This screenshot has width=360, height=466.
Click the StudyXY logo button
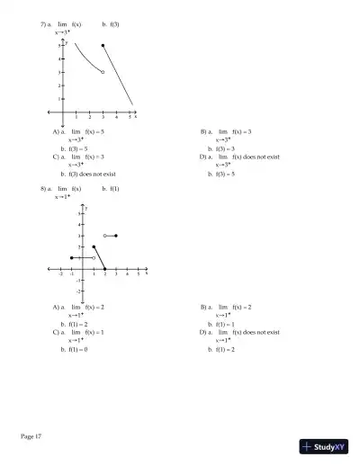pos(325,446)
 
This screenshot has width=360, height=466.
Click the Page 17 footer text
pos(31,436)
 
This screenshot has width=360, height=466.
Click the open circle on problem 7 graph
pos(103,72)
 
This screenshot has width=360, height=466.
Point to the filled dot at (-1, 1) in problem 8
pos(72,258)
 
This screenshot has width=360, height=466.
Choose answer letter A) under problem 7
pos(57,131)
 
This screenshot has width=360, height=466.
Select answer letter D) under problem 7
pos(204,157)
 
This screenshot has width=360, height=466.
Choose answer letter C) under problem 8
pos(57,332)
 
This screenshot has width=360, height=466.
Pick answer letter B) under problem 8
pos(204,307)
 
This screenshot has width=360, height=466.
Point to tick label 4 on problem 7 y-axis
pos(59,58)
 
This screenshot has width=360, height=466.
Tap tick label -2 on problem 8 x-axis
pos(60,273)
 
